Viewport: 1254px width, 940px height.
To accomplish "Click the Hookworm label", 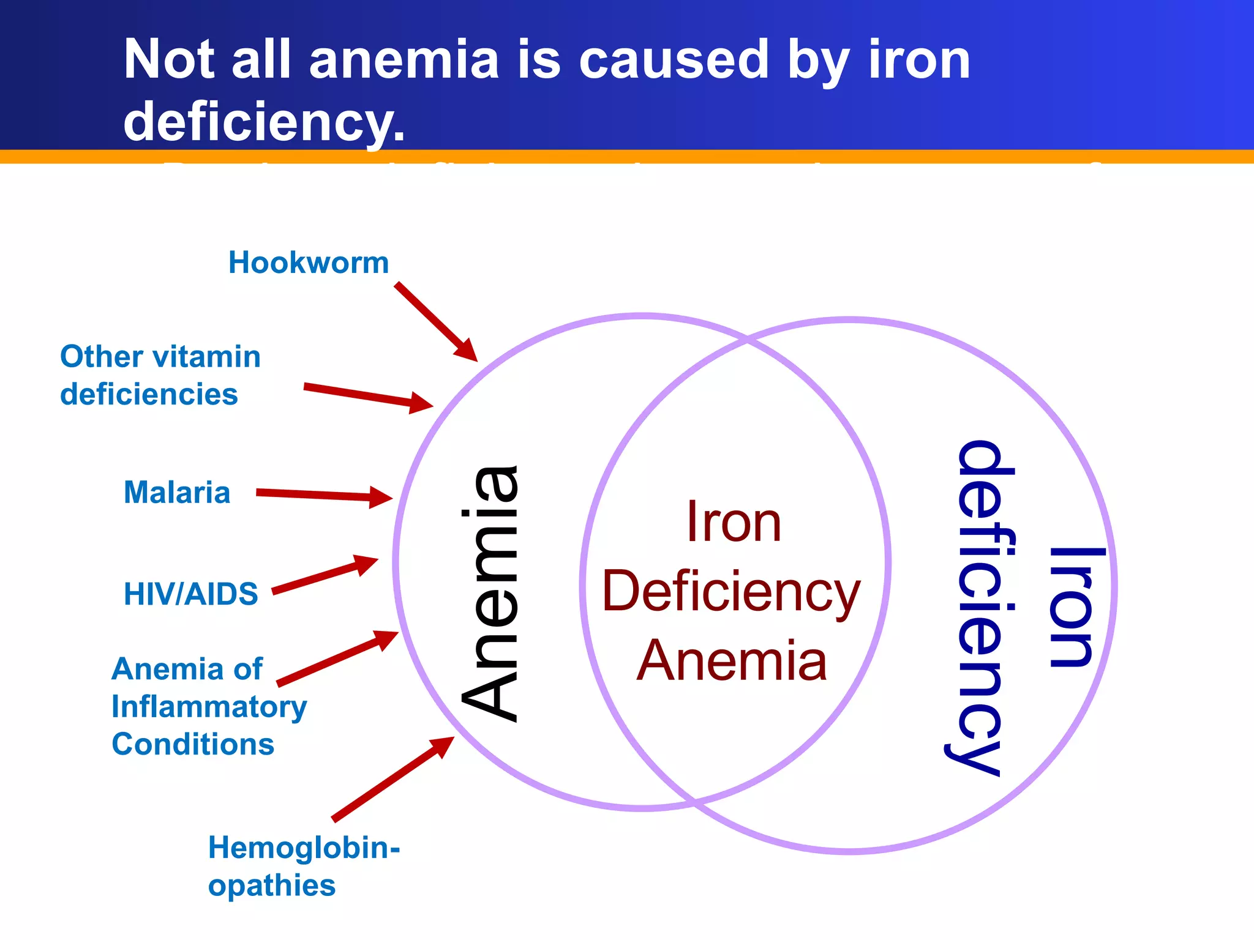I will tap(309, 263).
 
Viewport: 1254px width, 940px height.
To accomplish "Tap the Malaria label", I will tap(177, 492).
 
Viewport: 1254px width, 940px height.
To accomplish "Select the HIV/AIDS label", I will tap(191, 594).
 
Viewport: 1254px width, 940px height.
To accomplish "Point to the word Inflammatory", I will tap(209, 707).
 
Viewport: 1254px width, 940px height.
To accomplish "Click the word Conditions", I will tap(193, 744).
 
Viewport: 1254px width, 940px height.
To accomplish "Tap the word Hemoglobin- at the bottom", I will tap(304, 848).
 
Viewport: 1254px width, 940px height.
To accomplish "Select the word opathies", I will tap(272, 886).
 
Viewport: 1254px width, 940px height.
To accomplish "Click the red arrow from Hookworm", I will tap(435, 321).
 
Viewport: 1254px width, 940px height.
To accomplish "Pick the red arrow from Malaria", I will tap(324, 495).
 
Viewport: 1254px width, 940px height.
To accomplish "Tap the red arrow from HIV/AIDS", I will tap(325, 575).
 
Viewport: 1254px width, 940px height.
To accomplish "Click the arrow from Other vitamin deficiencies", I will tap(367, 395).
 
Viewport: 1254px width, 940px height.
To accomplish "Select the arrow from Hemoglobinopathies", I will tap(392, 778).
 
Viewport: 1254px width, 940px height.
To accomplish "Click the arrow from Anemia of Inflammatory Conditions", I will tap(337, 658).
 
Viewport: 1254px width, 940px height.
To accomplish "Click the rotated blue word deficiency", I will tap(980, 608).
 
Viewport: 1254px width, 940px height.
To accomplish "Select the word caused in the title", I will tap(674, 59).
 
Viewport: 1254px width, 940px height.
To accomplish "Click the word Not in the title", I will tap(169, 59).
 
